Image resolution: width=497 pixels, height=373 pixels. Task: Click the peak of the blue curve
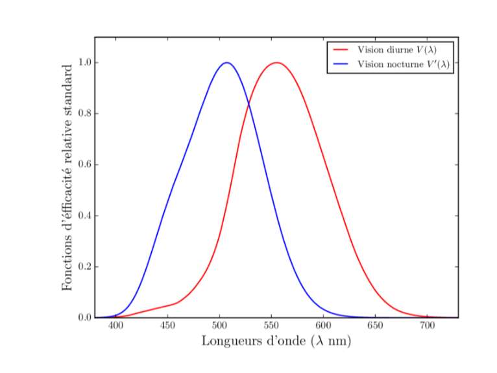[x=226, y=63]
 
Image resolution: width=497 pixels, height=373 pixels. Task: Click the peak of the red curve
[x=277, y=63]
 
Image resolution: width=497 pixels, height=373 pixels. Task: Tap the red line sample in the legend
[x=341, y=49]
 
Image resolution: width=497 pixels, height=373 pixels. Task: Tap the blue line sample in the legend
[x=341, y=64]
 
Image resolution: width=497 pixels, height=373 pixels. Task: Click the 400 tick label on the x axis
[x=115, y=326]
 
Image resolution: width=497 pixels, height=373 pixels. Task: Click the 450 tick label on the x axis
[x=167, y=326]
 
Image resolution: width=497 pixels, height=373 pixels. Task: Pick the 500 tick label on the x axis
[x=219, y=326]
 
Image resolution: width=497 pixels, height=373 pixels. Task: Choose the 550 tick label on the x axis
[x=271, y=326]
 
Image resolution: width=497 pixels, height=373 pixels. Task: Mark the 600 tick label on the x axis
[x=323, y=326]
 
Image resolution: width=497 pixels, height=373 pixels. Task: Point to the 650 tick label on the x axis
[x=375, y=326]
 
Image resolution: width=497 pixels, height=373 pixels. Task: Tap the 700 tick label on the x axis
[x=427, y=326]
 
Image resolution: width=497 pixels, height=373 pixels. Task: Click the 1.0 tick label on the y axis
[x=84, y=63]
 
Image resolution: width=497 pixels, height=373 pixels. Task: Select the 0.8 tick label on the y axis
[x=84, y=114]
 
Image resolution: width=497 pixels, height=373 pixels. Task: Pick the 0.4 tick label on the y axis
[x=84, y=216]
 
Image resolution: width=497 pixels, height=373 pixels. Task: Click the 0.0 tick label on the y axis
[x=84, y=318]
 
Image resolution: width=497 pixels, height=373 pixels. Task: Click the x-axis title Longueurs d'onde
[x=276, y=341]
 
